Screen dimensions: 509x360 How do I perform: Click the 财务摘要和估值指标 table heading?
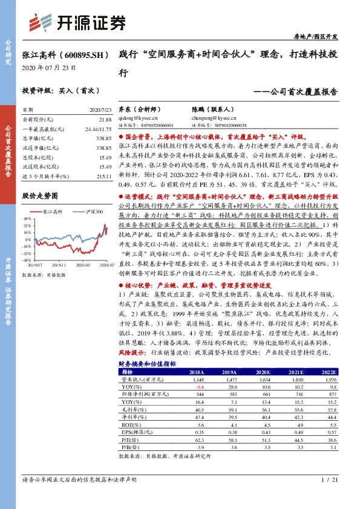tap(147, 363)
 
